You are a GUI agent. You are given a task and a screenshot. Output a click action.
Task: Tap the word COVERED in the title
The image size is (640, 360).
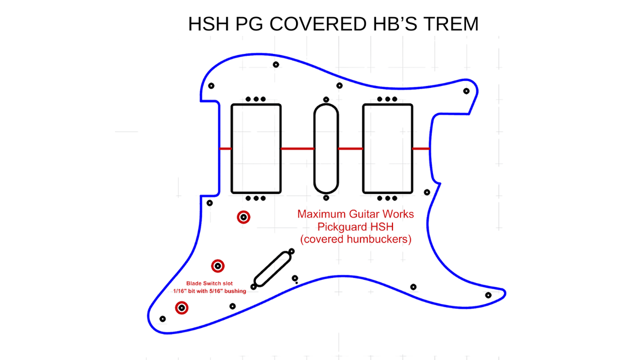(318, 23)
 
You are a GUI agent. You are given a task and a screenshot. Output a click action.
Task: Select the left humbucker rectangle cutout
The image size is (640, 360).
(231, 149)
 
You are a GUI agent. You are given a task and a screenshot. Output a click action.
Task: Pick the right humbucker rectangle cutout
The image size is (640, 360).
(363, 149)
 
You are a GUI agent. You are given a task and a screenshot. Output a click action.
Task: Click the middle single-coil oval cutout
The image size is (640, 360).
(314, 149)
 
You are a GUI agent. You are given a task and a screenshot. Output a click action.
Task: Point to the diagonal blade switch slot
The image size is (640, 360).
(273, 269)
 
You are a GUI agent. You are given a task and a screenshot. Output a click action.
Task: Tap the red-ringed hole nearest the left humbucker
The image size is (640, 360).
(243, 217)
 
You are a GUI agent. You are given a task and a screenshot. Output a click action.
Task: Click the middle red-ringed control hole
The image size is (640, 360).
(218, 266)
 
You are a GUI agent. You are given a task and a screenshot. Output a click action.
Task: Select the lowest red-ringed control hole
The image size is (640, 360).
(182, 308)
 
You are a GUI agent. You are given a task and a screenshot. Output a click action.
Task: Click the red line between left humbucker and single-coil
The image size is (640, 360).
(298, 149)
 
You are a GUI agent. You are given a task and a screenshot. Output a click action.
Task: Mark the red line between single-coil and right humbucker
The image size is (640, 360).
(350, 149)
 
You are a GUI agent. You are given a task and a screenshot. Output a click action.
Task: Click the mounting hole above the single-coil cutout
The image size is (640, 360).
(326, 99)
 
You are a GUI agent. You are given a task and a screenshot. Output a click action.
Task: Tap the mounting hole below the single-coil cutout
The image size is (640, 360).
(326, 198)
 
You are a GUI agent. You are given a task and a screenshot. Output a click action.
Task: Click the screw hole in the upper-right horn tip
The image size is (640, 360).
(466, 91)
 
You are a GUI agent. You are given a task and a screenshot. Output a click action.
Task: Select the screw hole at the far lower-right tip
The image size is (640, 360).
(489, 295)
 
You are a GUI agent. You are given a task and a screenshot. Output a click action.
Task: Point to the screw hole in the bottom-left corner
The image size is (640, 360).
(163, 319)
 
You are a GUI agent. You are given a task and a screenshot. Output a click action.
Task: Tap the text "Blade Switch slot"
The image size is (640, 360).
(210, 283)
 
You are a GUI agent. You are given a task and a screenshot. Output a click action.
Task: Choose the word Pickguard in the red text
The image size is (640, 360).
(342, 227)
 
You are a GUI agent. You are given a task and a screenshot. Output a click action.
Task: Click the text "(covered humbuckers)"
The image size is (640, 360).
(356, 239)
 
